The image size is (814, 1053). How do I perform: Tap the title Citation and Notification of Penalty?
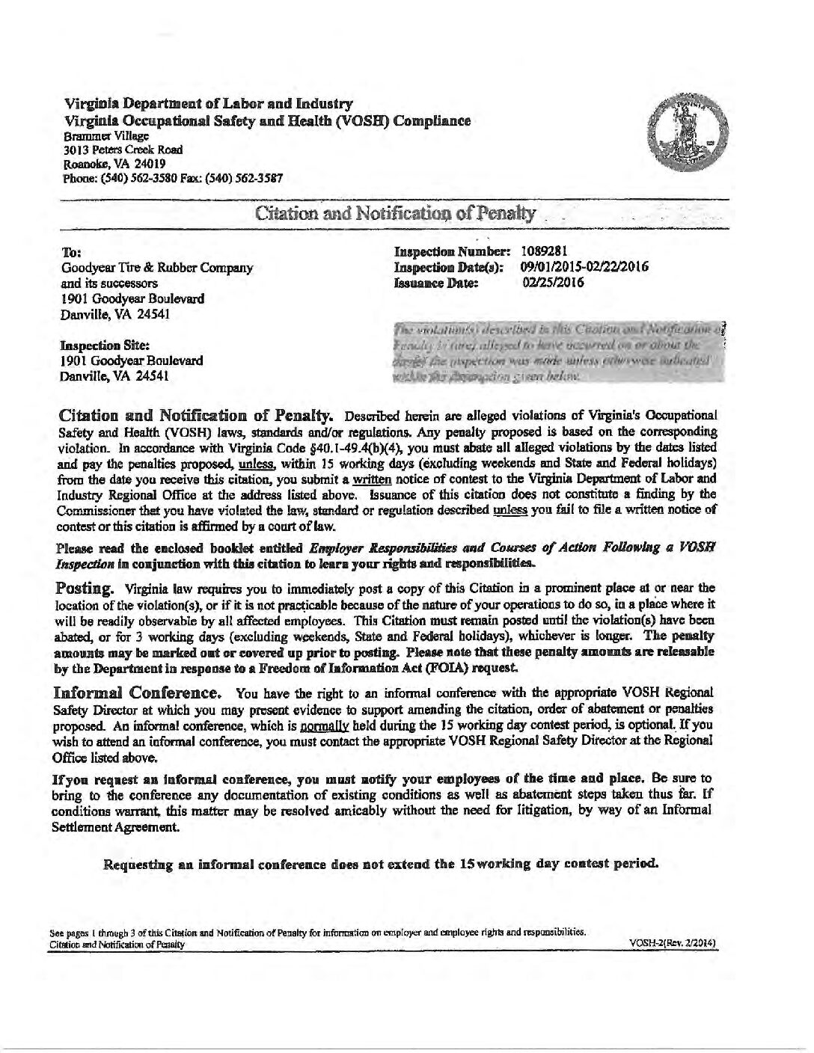pyautogui.click(x=395, y=215)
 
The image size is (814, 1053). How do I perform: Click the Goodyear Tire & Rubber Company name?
pyautogui.click(x=156, y=268)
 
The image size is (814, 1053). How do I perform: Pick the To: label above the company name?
pyautogui.click(x=68, y=253)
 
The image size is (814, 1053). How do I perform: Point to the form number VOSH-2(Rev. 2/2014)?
pyautogui.click(x=674, y=944)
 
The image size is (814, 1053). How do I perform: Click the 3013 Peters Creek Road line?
pyautogui.click(x=123, y=150)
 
